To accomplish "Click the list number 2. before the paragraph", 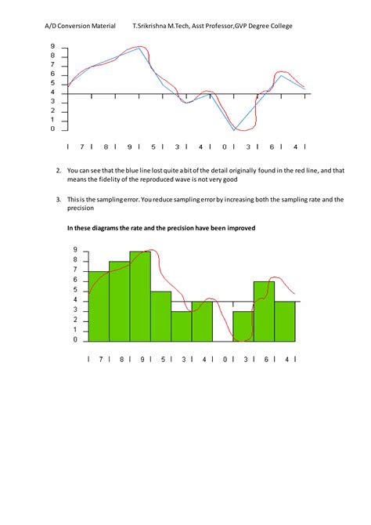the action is tap(59, 170).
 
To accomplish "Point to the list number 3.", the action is tap(59, 199).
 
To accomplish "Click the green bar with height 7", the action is tap(98, 306).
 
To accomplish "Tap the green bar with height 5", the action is tap(160, 316).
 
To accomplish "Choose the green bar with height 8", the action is tap(119, 301).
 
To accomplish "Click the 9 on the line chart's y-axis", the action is tap(52, 46).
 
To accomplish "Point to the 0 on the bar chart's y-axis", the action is tap(76, 340).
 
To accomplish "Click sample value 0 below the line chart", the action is tap(224, 147).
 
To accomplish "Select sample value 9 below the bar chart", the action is tap(142, 359).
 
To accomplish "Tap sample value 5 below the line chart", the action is tap(153, 147).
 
